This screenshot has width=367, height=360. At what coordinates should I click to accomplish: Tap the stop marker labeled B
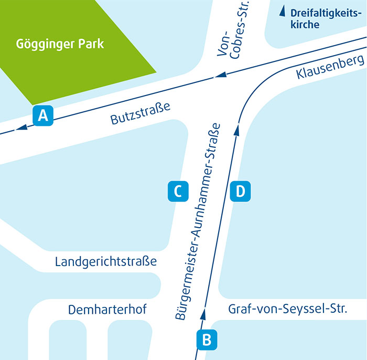point(207,340)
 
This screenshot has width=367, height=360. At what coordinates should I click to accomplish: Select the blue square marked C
point(177,192)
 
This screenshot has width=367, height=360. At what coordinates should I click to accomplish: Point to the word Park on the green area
point(91,43)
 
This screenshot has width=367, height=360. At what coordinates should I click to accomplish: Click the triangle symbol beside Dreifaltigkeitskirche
point(282,10)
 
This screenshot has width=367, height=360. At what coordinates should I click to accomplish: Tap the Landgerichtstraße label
point(106,261)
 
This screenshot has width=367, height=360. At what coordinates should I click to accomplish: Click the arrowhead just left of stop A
point(21,128)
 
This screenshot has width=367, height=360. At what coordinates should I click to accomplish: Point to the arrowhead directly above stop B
point(202,314)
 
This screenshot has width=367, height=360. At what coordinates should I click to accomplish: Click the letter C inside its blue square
point(177,192)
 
